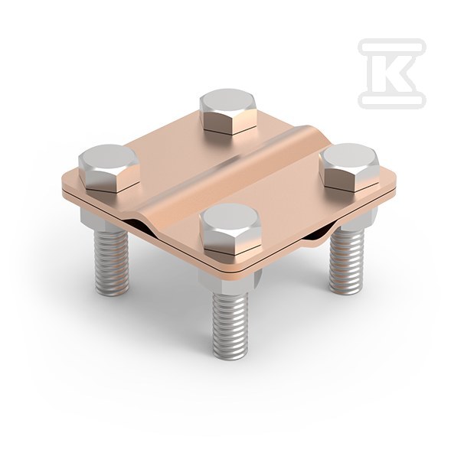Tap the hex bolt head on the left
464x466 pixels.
coord(109,168)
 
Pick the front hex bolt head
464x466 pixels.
coord(230,229)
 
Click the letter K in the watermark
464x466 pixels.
coord(392,73)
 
